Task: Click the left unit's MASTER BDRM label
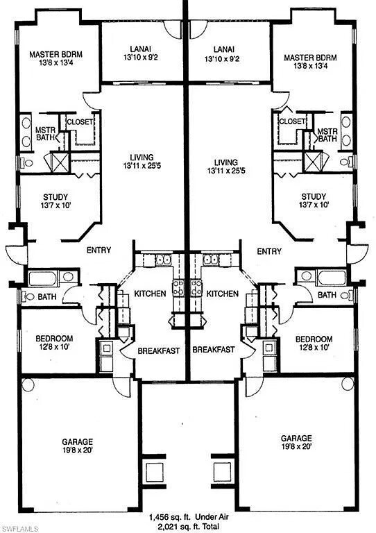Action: pos(55,54)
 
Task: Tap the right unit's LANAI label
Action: pos(222,50)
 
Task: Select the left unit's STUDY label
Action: pos(55,197)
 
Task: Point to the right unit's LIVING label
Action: pos(226,162)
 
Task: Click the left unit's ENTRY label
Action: pos(99,250)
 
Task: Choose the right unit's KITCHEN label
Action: pos(223,294)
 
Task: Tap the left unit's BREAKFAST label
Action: pos(159,350)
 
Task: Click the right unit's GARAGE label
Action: pos(296,438)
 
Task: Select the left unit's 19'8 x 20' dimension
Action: pos(77,450)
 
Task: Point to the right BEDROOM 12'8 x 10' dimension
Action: pos(314,348)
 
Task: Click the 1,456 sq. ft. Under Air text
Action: pos(189,517)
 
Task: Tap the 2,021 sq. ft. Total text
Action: pos(189,526)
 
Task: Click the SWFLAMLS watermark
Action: pos(19,529)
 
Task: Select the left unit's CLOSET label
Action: pos(80,121)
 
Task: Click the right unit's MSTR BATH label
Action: pos(327,135)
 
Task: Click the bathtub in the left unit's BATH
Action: pos(43,278)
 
